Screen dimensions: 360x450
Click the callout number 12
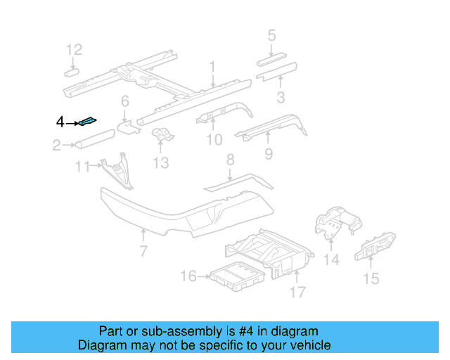(75, 49)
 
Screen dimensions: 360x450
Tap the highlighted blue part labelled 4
(89, 122)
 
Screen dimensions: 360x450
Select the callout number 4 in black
(60, 123)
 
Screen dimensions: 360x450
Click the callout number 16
(188, 276)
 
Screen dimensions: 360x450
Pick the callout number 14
(331, 259)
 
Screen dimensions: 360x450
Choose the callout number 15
(371, 279)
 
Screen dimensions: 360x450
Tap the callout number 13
(161, 163)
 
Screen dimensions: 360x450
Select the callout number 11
(83, 167)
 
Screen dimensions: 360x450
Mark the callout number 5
(271, 35)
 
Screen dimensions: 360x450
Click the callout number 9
(268, 153)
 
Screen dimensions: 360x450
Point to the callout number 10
(214, 141)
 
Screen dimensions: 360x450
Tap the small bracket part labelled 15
(376, 246)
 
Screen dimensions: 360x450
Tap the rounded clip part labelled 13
(162, 136)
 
